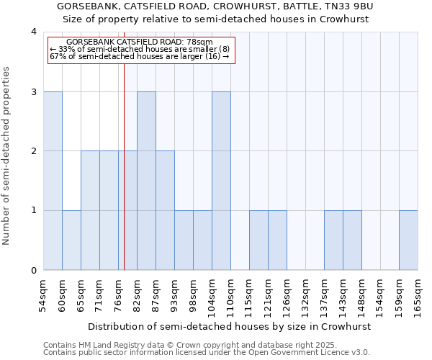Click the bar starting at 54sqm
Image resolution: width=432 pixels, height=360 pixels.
tap(53, 181)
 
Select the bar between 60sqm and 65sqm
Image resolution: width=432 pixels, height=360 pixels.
tap(71, 240)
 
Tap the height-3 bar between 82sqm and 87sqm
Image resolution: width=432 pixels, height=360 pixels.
tap(146, 181)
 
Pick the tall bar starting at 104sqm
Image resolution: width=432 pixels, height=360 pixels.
tap(221, 181)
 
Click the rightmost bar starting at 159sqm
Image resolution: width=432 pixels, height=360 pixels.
tap(408, 240)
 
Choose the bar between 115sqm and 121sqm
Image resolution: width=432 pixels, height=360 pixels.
tap(258, 240)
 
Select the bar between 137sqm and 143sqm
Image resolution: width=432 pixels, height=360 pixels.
tap(333, 240)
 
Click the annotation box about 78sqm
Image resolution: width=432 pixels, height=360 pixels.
tap(141, 50)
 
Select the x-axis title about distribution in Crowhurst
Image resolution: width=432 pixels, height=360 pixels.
tap(230, 326)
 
